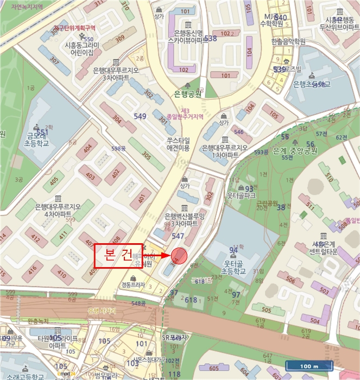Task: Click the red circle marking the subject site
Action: [x=179, y=255]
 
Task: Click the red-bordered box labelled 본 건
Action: [x=118, y=256]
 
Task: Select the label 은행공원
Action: [x=187, y=94]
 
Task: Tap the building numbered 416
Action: [x=33, y=269]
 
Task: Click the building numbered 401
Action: [x=141, y=199]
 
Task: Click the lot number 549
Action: [x=140, y=117]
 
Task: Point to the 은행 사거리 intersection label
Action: [x=102, y=311]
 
